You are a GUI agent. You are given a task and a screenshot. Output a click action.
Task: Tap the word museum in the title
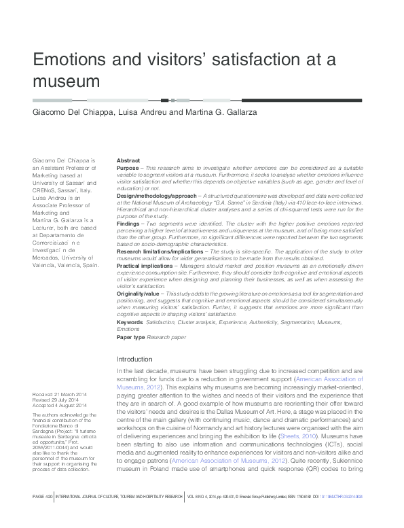point(67,82)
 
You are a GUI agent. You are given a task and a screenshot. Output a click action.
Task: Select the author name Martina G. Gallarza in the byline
point(220,112)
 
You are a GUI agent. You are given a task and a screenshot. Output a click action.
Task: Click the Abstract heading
point(128,160)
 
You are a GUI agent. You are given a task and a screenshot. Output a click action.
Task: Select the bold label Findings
point(128,223)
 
